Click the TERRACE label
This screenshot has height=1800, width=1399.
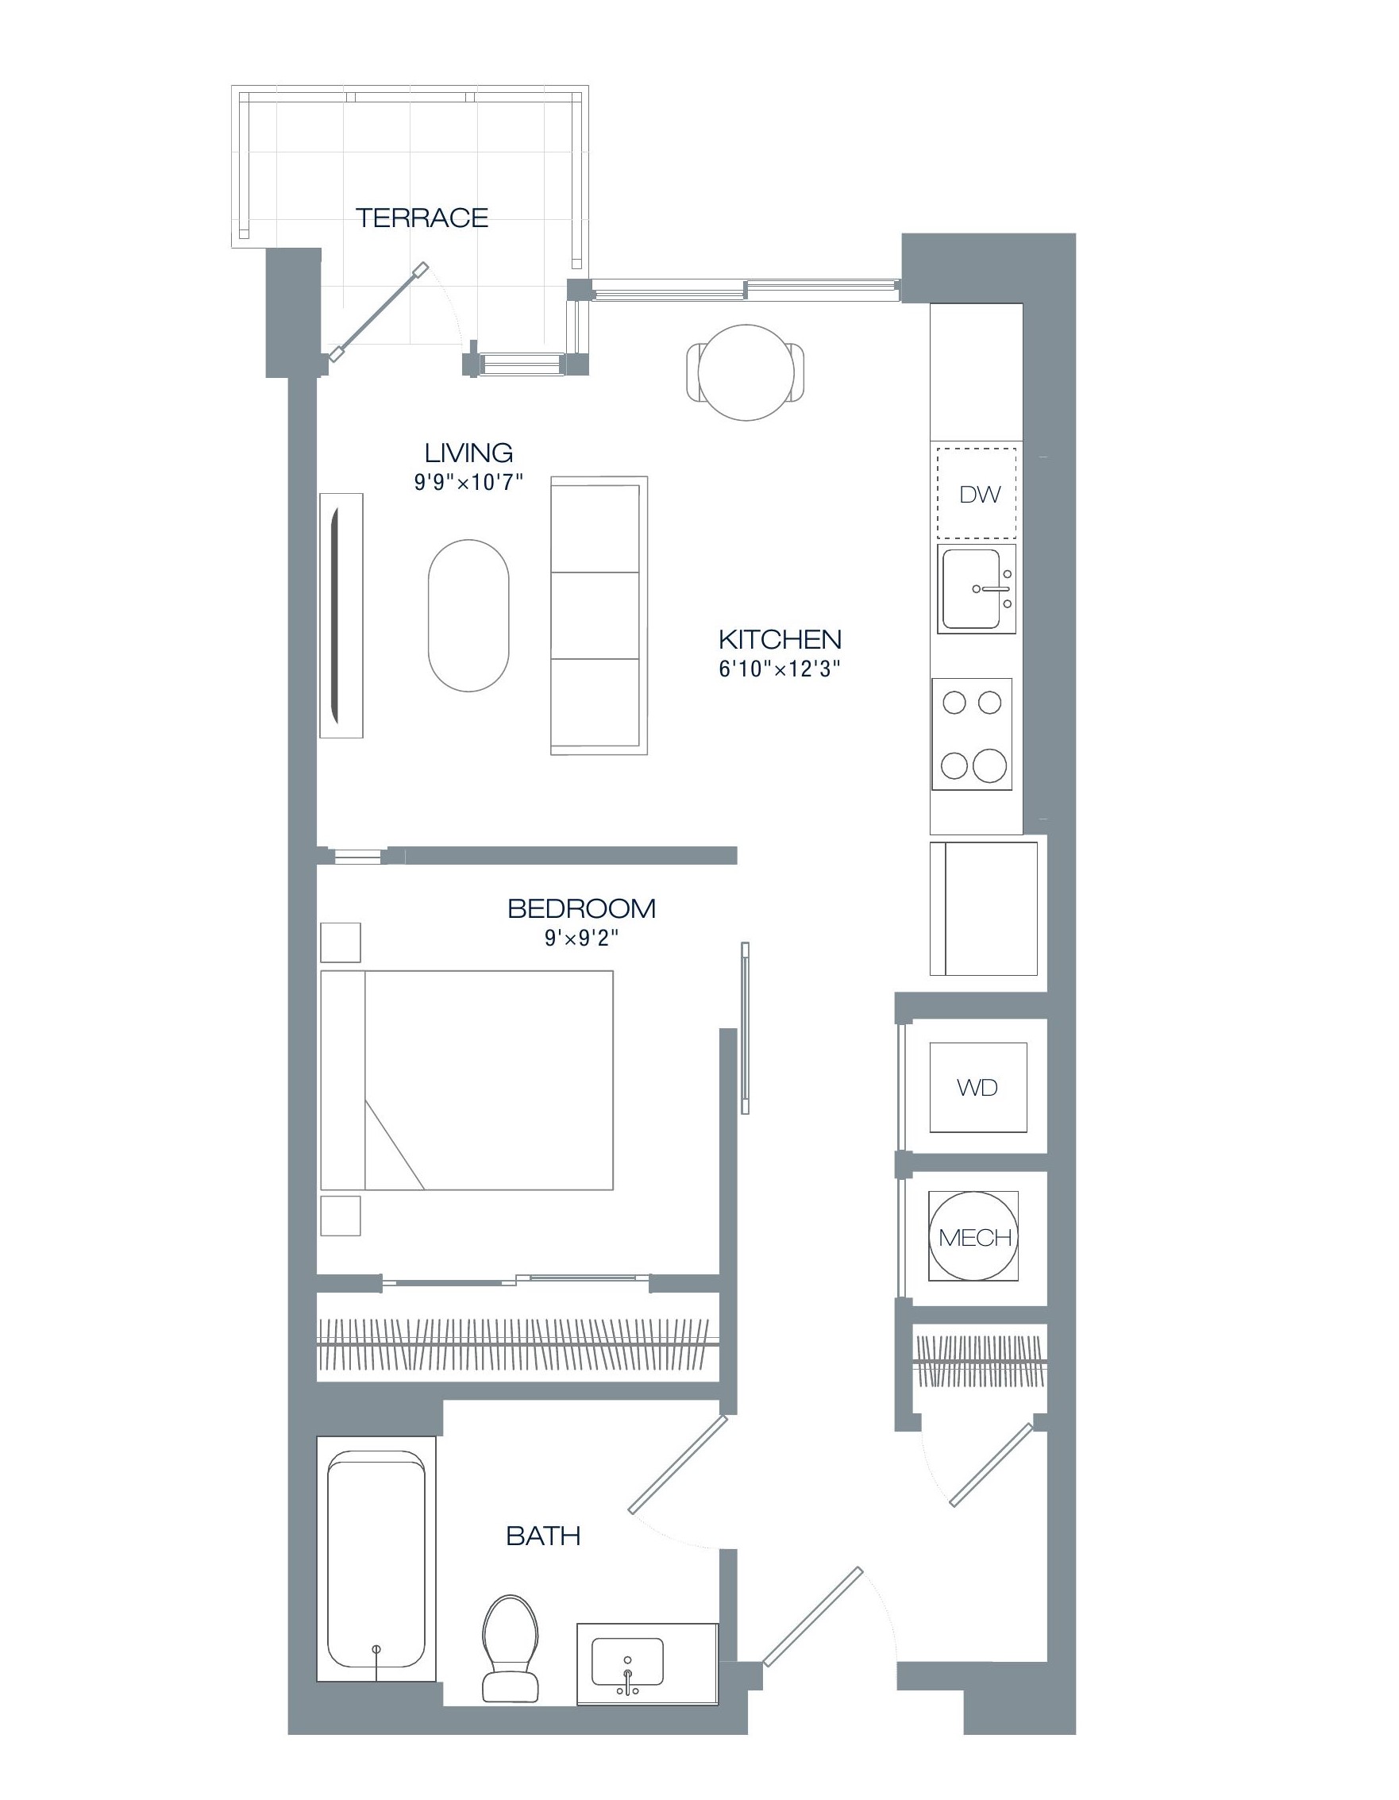(422, 218)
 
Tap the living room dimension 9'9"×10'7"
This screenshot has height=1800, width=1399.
(468, 482)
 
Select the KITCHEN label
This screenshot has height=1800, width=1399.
(780, 638)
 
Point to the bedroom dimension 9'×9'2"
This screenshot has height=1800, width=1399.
(581, 938)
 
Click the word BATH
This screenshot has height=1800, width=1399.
(542, 1536)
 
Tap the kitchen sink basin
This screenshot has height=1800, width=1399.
(970, 588)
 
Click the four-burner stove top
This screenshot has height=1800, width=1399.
(972, 734)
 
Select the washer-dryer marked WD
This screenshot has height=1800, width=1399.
(977, 1087)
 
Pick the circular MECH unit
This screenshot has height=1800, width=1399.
(973, 1236)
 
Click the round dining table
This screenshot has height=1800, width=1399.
(746, 372)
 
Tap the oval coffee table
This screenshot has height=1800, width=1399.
(468, 615)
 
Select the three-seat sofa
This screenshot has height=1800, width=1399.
(599, 615)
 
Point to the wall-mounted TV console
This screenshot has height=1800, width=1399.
(341, 615)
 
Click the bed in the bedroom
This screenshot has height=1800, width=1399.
(467, 1080)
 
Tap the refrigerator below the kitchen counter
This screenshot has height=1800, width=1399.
(984, 908)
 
